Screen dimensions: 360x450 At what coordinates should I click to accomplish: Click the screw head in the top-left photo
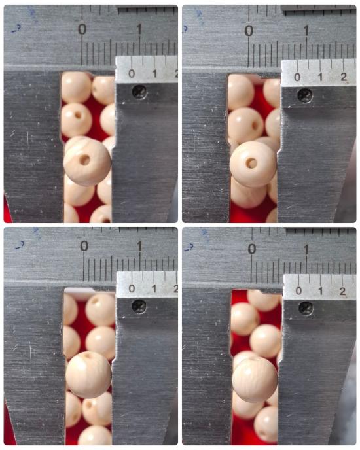(x=139, y=92)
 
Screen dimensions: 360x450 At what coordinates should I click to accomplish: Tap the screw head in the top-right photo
(x=305, y=95)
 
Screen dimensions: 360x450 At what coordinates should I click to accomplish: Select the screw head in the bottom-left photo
(x=139, y=306)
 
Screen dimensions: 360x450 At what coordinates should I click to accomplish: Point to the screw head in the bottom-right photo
(x=306, y=308)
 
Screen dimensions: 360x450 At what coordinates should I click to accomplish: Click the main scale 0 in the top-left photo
(x=82, y=29)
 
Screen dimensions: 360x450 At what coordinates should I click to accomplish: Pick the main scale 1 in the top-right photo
(x=306, y=31)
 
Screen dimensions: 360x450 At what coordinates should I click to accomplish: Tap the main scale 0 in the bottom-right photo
(x=252, y=249)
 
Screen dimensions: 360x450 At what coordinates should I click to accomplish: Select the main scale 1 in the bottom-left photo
(x=139, y=246)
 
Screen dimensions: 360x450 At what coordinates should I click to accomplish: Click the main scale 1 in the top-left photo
(x=139, y=29)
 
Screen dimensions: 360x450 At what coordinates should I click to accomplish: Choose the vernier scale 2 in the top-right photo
(x=344, y=77)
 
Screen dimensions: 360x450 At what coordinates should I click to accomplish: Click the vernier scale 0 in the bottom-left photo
(x=132, y=288)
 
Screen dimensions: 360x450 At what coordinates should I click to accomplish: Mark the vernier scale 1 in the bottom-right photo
(x=321, y=291)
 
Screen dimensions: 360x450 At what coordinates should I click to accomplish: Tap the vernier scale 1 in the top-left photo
(x=154, y=74)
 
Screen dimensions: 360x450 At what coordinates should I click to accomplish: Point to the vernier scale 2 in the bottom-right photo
(x=342, y=291)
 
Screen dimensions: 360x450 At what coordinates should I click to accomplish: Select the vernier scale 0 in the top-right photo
(x=297, y=77)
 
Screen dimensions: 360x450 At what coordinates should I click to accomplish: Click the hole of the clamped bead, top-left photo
(x=84, y=160)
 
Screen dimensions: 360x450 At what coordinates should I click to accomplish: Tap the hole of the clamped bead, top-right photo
(x=252, y=164)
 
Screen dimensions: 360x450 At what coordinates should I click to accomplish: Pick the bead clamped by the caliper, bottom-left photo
(x=88, y=375)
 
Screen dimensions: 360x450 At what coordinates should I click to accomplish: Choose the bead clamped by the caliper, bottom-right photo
(x=255, y=379)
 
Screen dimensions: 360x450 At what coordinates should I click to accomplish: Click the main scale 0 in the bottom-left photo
(x=84, y=246)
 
